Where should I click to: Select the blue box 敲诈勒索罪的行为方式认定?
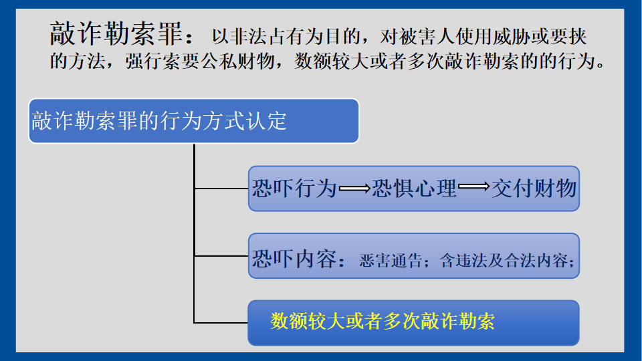194,121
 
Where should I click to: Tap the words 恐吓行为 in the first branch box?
294,189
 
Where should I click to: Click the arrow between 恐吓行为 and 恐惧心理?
354,189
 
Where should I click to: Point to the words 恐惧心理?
415,189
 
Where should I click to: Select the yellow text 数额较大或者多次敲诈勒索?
383,321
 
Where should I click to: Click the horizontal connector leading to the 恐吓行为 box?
221,189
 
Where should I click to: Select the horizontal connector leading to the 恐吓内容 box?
221,256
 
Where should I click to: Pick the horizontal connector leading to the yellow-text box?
221,323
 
